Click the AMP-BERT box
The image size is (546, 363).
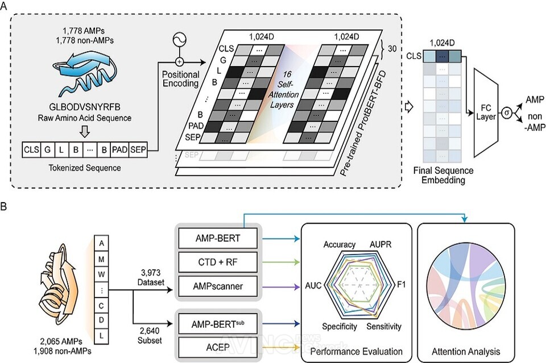pos(218,238)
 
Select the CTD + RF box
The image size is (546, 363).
pos(218,262)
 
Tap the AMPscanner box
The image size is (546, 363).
pos(218,286)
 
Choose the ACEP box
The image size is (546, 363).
pos(218,347)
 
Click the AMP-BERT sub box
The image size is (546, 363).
pos(218,324)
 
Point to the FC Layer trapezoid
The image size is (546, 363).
pos(486,112)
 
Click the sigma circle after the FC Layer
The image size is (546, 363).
pos(507,112)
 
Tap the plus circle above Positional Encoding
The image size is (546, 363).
pos(179,62)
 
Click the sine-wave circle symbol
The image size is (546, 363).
pos(179,40)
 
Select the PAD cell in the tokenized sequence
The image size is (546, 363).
pos(120,150)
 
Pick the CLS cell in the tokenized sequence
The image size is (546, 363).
pos(31,150)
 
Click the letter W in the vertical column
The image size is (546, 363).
pos(101,274)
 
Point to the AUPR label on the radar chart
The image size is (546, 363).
pos(380,244)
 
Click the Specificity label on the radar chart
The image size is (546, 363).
pos(340,327)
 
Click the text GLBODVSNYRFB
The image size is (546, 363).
pos(85,107)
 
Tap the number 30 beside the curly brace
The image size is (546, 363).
pos(392,49)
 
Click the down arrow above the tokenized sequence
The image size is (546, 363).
pos(85,131)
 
